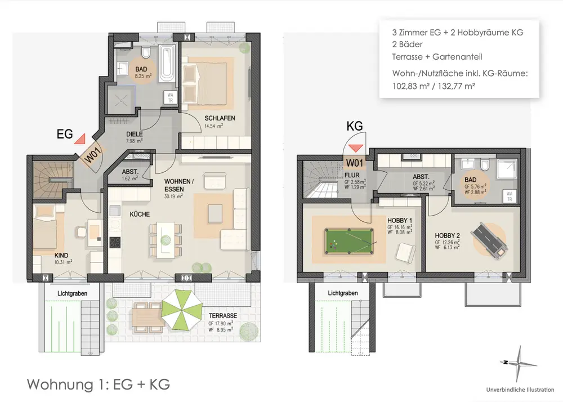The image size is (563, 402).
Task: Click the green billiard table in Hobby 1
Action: pos(348,241)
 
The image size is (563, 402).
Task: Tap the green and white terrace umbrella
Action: pos(182,310)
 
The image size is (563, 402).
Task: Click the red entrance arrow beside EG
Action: pos(80,139)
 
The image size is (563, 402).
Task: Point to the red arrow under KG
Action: pos(356,148)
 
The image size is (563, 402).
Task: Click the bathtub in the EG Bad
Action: pos(167,64)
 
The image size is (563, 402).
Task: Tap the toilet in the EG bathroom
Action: pos(146,52)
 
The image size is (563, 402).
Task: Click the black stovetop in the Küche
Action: pos(115,242)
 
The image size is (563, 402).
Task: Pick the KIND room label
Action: pos(61,256)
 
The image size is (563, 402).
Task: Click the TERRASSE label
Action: pos(223,316)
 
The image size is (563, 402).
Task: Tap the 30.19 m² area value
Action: pos(173,196)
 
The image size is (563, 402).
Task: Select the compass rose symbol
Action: pos(518,364)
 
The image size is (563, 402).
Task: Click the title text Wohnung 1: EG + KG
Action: pos(99,384)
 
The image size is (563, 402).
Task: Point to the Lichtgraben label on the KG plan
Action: pos(342,293)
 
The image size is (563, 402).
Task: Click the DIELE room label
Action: pos(135,135)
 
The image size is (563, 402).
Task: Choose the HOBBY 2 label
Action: pos(447,236)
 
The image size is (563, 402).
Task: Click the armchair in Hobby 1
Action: pos(405,253)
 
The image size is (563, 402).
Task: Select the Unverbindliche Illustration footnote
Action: pos(520,390)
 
